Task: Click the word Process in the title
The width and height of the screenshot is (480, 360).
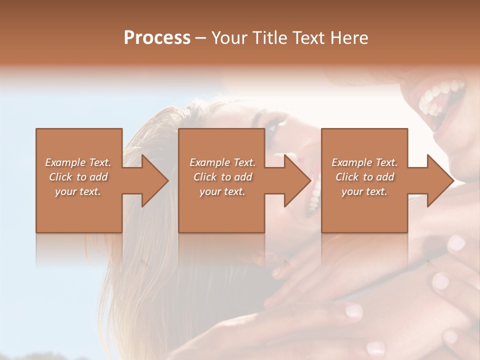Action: (x=157, y=38)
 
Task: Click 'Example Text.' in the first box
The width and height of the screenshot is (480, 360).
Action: (x=78, y=162)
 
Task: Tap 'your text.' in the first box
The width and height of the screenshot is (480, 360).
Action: (x=78, y=191)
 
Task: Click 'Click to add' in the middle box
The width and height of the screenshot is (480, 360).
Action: (x=222, y=177)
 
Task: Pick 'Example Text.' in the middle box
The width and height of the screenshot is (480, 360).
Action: (x=222, y=162)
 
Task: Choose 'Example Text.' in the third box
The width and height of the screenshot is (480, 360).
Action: (x=364, y=162)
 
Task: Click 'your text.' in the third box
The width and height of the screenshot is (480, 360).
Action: (x=364, y=191)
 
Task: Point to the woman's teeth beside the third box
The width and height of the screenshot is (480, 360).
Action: (x=314, y=197)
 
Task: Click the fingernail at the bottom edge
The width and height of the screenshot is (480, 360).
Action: (x=375, y=348)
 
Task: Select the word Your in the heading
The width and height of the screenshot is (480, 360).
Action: (x=228, y=38)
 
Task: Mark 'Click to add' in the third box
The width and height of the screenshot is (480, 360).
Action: (x=364, y=177)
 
